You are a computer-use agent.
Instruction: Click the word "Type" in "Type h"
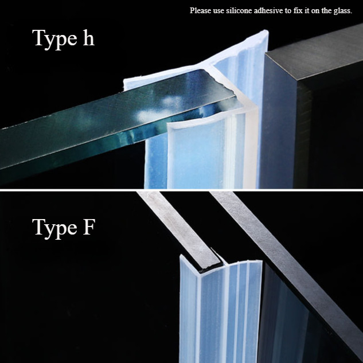click(54, 39)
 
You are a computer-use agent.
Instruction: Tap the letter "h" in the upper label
click(89, 37)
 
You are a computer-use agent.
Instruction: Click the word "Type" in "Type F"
click(54, 228)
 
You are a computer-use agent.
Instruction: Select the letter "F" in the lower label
click(89, 227)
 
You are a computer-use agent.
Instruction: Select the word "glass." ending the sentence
click(343, 11)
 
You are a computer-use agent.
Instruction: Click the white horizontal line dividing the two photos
click(181, 190)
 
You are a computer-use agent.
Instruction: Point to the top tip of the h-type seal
click(266, 30)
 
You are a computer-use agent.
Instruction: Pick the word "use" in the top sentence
click(218, 11)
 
